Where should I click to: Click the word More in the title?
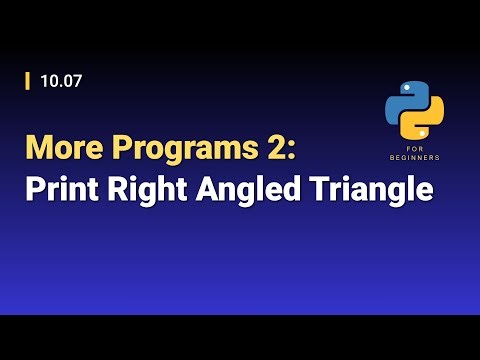pos(59,148)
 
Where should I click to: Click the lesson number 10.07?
pos(61,81)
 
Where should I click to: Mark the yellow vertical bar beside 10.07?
pos(27,81)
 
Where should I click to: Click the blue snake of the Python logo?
pos(405,99)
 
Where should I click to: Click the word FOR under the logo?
pos(415,148)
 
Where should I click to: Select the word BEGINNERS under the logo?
pos(415,157)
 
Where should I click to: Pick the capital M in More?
pos(38,148)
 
